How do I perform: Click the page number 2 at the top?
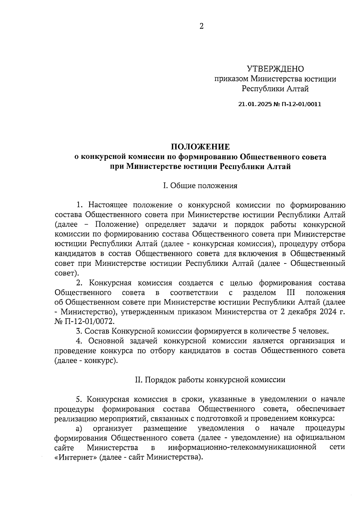pos(201,26)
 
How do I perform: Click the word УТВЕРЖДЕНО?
pos(275,69)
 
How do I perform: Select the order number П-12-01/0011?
pos(301,104)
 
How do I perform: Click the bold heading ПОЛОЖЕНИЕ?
pos(200,147)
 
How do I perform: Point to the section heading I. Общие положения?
pos(200,186)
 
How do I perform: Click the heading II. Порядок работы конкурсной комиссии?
pos(210,380)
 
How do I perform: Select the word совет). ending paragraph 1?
pos(67,273)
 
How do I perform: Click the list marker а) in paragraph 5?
pos(79,428)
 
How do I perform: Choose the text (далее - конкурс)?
pos(85,361)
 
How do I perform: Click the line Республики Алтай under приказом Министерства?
pos(275,89)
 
